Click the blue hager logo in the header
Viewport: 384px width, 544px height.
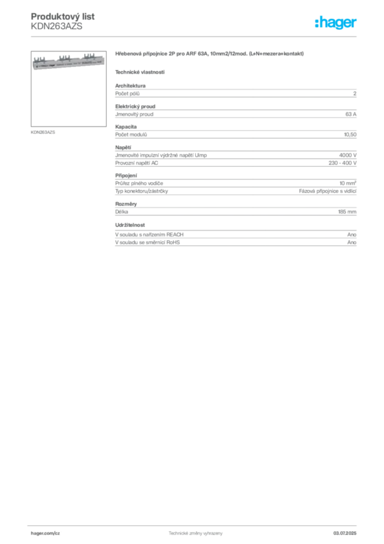tap(336, 23)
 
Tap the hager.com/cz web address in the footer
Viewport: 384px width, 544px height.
tap(47, 532)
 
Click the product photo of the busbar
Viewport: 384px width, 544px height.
tap(66, 63)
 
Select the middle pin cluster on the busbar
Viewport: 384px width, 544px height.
tap(65, 56)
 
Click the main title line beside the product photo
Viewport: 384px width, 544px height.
tap(210, 55)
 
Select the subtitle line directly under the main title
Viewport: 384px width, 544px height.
tap(140, 72)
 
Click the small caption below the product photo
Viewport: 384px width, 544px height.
tap(45, 132)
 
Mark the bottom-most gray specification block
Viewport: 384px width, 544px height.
tap(235, 236)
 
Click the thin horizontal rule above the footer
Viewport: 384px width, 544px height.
tap(195, 524)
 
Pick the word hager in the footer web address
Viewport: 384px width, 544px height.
tap(40, 532)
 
